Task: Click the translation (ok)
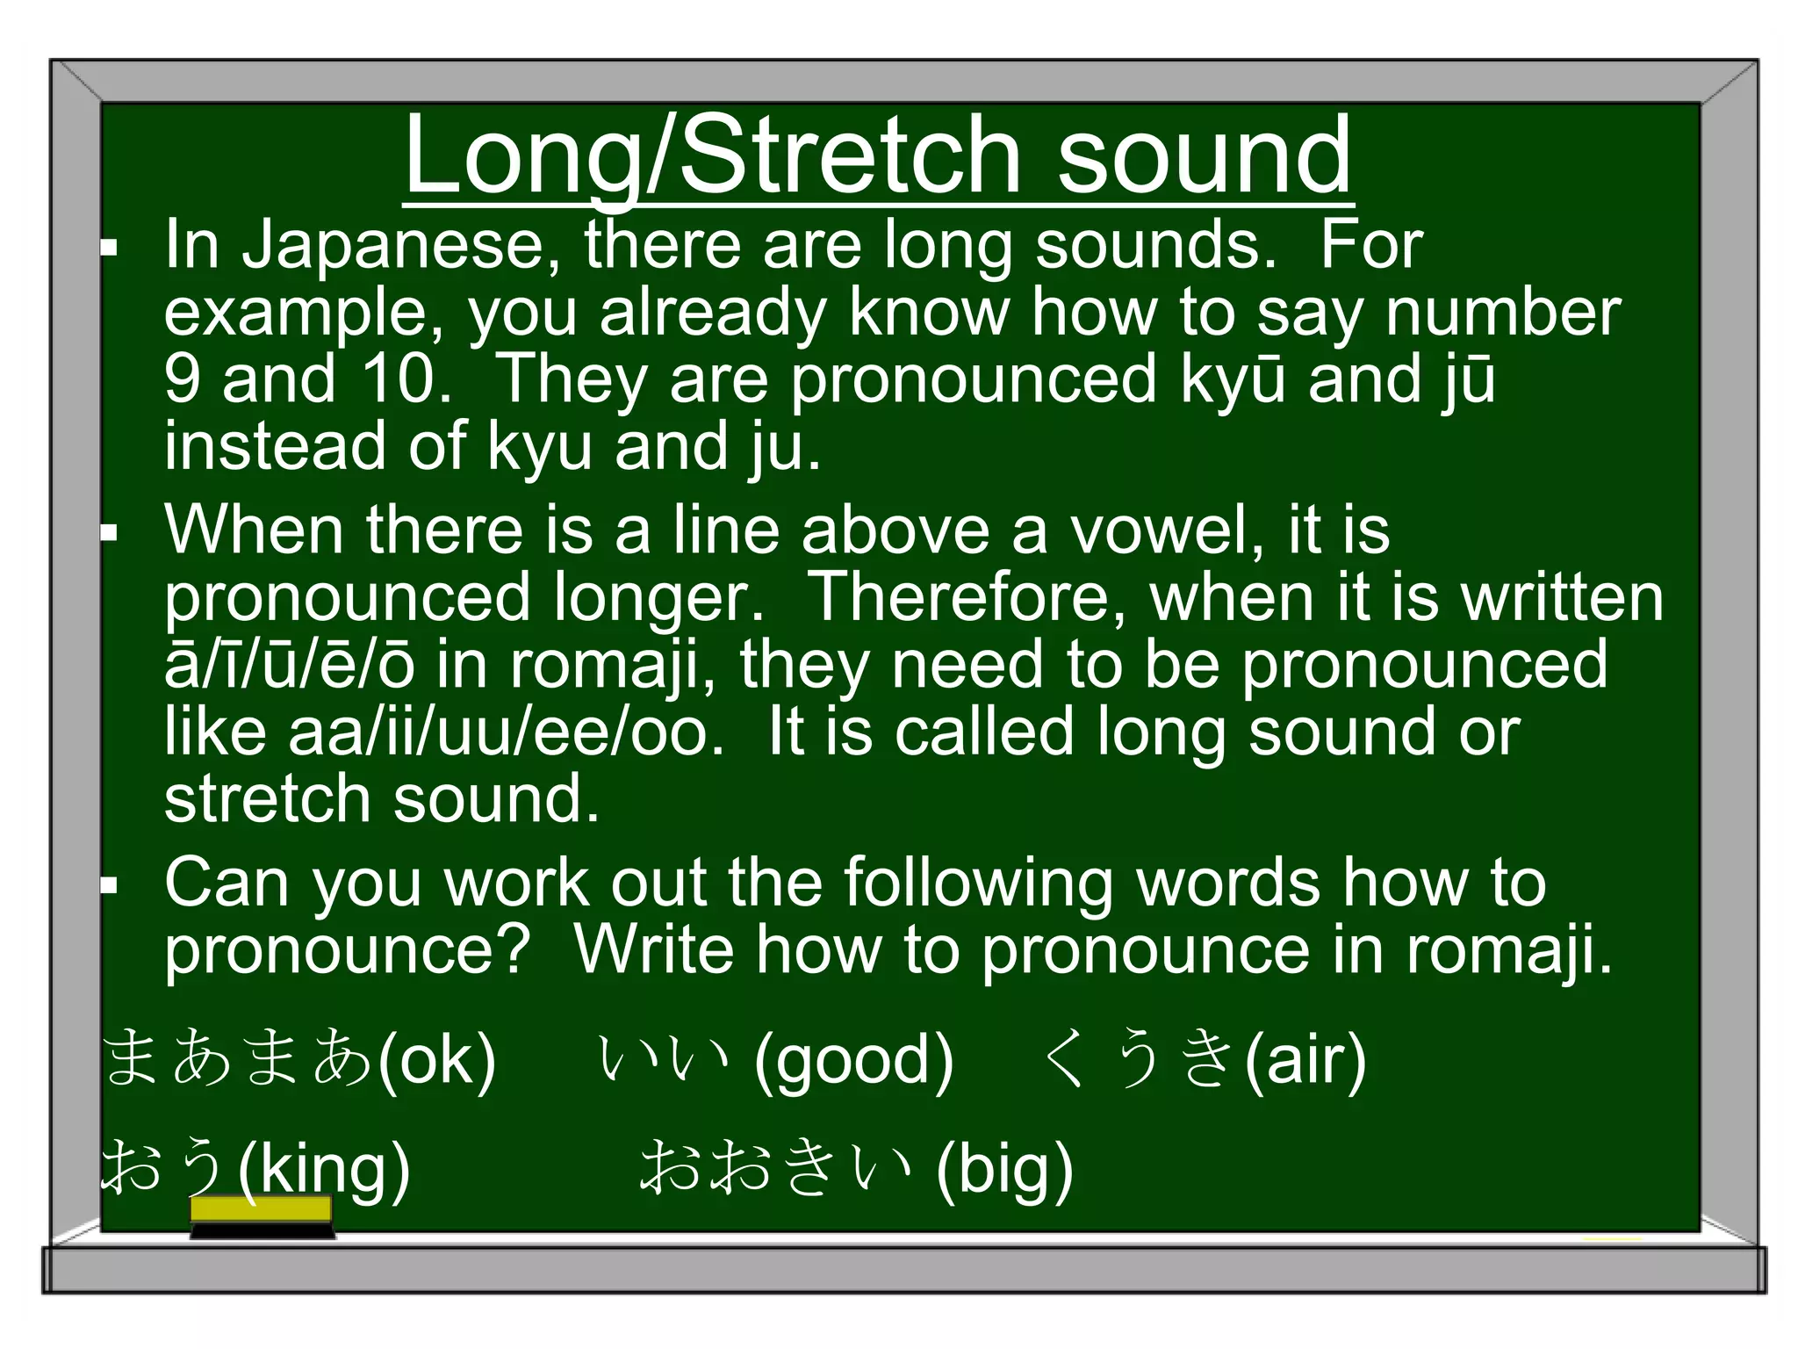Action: pyautogui.click(x=436, y=1061)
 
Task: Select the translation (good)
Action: pyautogui.click(x=853, y=1061)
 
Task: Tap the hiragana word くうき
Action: pyautogui.click(x=1140, y=1058)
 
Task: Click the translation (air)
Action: pyautogui.click(x=1305, y=1061)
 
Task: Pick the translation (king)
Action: pyautogui.click(x=324, y=1170)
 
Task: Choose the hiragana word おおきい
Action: pyautogui.click(x=776, y=1168)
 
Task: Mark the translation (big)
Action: pyautogui.click(x=1004, y=1170)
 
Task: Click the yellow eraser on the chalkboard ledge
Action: pyautogui.click(x=262, y=1210)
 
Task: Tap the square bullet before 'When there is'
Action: pyautogui.click(x=109, y=532)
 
